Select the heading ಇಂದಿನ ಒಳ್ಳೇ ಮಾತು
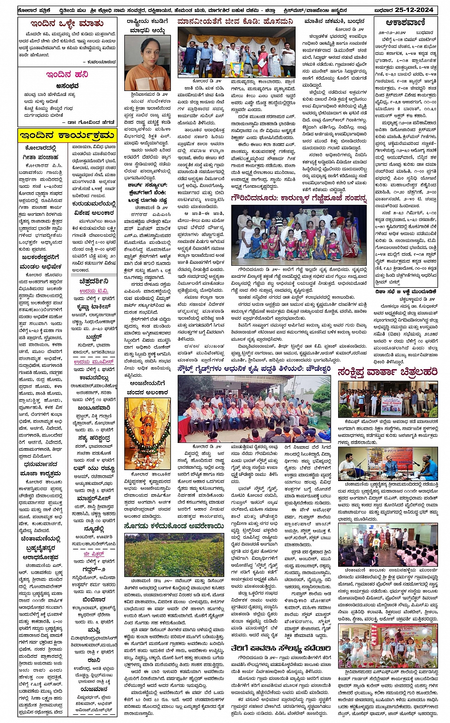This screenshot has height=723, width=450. pos(67,24)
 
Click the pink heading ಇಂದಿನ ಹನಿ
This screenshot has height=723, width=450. pos(67,74)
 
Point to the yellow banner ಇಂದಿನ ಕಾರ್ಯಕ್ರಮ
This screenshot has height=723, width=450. pos(67,135)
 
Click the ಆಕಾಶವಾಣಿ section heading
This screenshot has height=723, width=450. pos(405,22)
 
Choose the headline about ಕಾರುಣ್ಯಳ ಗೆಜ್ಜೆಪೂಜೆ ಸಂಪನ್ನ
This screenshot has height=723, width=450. pos(299,198)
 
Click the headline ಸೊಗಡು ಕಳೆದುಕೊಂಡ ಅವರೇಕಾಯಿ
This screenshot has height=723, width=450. pos(173,526)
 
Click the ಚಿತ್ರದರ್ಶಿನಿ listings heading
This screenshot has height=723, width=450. pos(94,281)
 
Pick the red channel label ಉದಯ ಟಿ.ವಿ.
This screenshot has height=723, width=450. pos(94,291)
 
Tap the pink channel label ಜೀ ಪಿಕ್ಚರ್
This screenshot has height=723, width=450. pos(93,554)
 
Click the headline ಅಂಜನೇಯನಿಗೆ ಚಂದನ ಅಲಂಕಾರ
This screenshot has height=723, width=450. pos(147,387)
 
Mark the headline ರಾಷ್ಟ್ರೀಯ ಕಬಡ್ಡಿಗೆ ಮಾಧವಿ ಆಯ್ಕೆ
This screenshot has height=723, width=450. pos(147,26)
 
